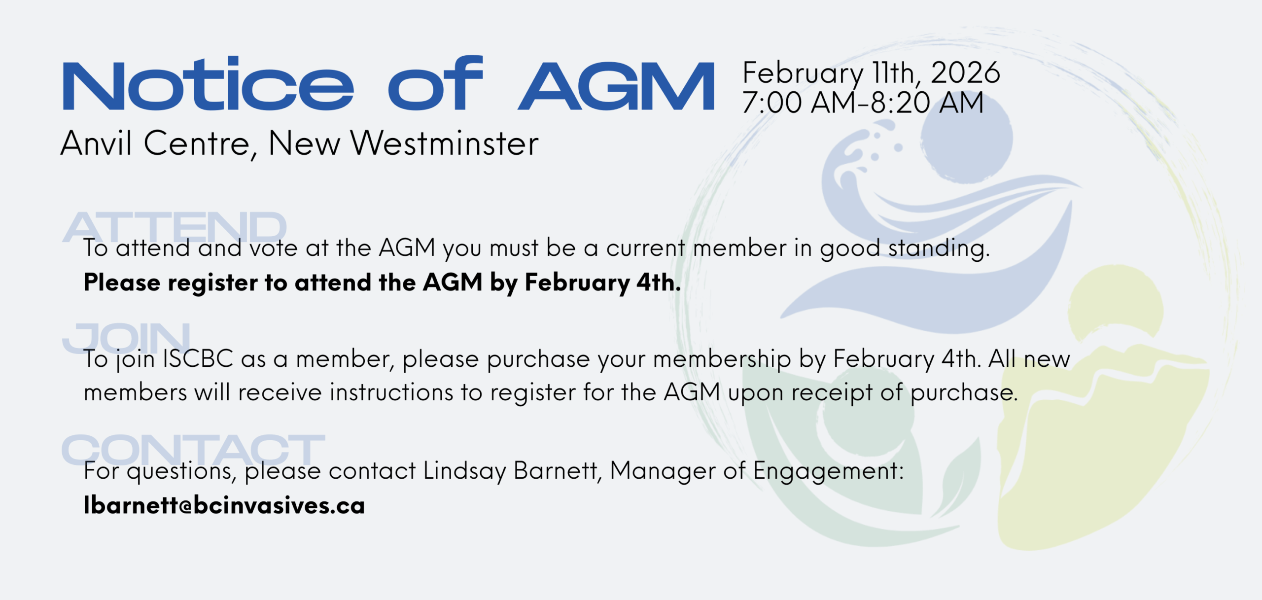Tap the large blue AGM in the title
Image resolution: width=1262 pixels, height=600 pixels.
(616, 86)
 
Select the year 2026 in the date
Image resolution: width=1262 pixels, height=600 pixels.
(965, 72)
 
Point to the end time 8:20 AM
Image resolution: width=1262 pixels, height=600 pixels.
(927, 103)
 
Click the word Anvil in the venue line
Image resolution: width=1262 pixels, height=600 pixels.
(96, 143)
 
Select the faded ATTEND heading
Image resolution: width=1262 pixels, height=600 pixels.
(175, 227)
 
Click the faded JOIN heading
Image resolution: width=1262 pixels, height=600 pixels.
(126, 338)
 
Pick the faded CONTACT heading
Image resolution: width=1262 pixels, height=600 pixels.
(193, 450)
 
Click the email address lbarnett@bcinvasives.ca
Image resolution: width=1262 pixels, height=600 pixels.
(224, 505)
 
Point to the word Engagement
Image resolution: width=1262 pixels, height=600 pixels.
(829, 471)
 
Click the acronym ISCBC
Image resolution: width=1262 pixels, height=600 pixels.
(198, 359)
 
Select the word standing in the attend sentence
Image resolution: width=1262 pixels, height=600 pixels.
(939, 248)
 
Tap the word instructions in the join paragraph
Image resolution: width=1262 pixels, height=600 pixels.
(391, 392)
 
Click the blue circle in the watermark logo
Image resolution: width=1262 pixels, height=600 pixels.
(966, 138)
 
